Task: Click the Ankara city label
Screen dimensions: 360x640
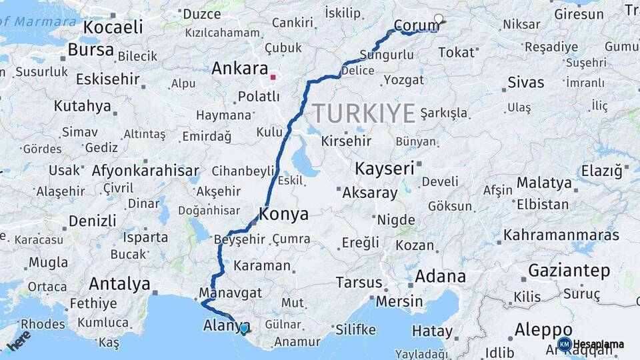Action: click(239, 69)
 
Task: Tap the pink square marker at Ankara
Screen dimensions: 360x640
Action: click(273, 77)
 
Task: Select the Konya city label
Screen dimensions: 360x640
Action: click(283, 215)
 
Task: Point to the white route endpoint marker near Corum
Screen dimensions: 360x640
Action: click(439, 19)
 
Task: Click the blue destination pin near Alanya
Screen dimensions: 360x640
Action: click(245, 328)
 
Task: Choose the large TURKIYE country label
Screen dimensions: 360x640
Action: click(364, 113)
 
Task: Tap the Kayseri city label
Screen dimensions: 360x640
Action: click(385, 169)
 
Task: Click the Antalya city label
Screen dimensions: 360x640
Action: click(119, 284)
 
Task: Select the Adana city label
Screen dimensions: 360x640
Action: click(440, 276)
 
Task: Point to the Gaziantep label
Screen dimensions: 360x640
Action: click(569, 271)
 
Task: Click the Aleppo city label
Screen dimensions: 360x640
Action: click(543, 330)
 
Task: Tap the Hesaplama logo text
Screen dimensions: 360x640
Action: click(598, 345)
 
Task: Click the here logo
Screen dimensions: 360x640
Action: click(19, 340)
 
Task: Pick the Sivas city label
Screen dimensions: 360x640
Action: click(525, 83)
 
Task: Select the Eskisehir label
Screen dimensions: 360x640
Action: click(108, 79)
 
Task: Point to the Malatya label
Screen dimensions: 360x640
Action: click(544, 183)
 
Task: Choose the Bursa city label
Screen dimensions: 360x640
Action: click(91, 51)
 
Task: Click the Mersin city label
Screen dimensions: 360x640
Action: click(399, 301)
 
